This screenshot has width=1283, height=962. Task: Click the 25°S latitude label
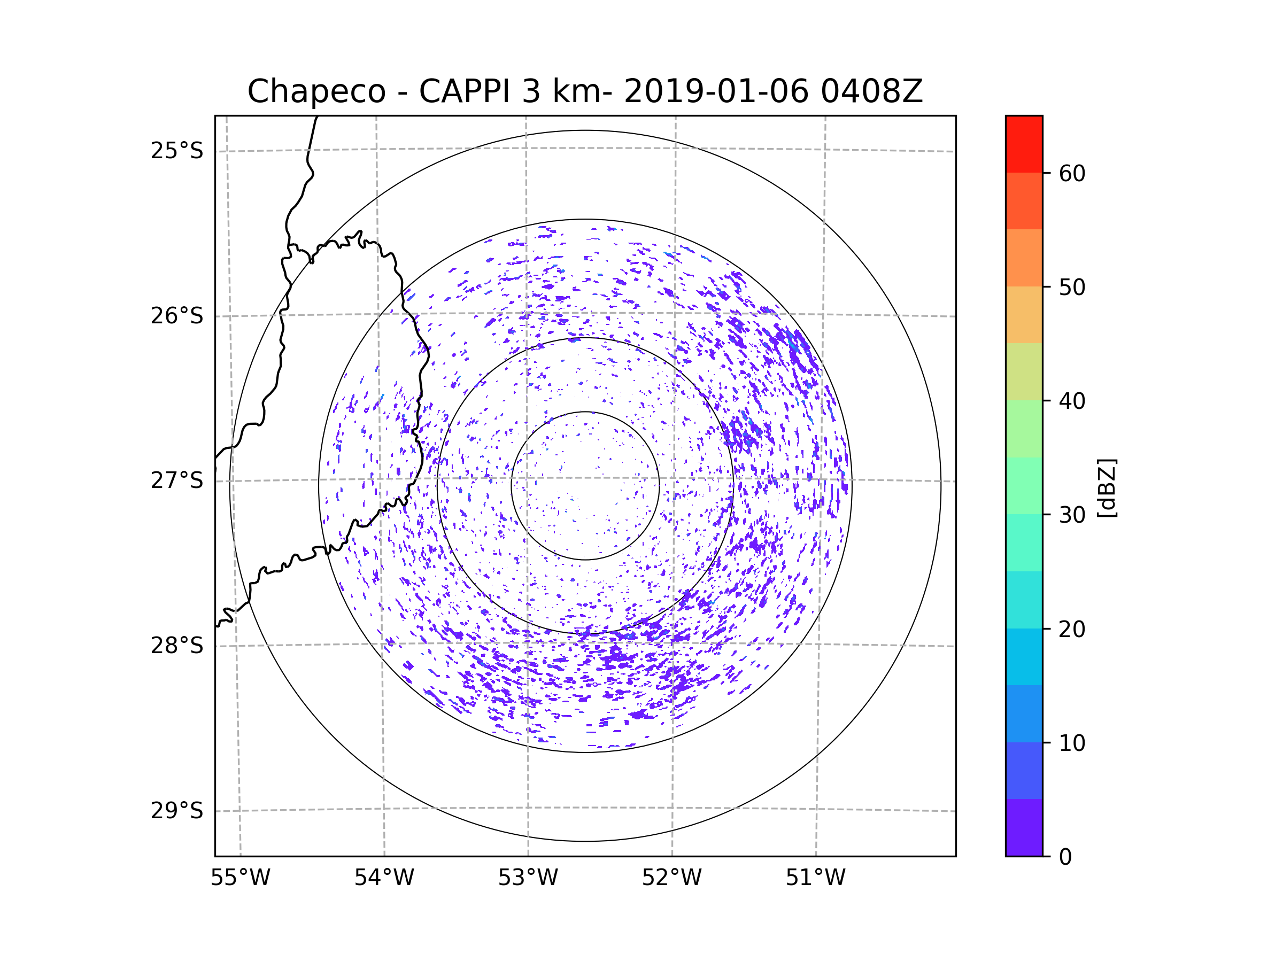[177, 151]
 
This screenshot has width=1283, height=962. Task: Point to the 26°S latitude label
[177, 316]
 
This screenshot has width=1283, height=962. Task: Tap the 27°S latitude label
[177, 480]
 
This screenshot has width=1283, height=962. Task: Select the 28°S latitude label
[177, 646]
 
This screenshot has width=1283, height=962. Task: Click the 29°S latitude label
[177, 811]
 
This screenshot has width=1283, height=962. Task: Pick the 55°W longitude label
[240, 878]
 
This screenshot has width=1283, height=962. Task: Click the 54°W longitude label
[384, 878]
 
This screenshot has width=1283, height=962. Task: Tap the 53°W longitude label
[528, 878]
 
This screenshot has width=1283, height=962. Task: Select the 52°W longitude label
[671, 878]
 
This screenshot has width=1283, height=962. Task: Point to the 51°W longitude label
[815, 878]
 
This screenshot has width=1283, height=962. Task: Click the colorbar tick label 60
[1072, 173]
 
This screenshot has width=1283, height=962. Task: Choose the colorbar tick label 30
[1072, 515]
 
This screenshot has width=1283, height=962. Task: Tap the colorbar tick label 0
[1065, 857]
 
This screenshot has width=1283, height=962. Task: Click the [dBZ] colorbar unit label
[1107, 487]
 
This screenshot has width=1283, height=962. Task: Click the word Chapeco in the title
[316, 91]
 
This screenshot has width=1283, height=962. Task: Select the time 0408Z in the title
[871, 91]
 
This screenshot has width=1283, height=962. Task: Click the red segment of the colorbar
[1024, 144]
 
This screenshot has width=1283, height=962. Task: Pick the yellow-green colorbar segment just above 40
[1024, 371]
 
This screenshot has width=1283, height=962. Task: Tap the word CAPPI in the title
[465, 91]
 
